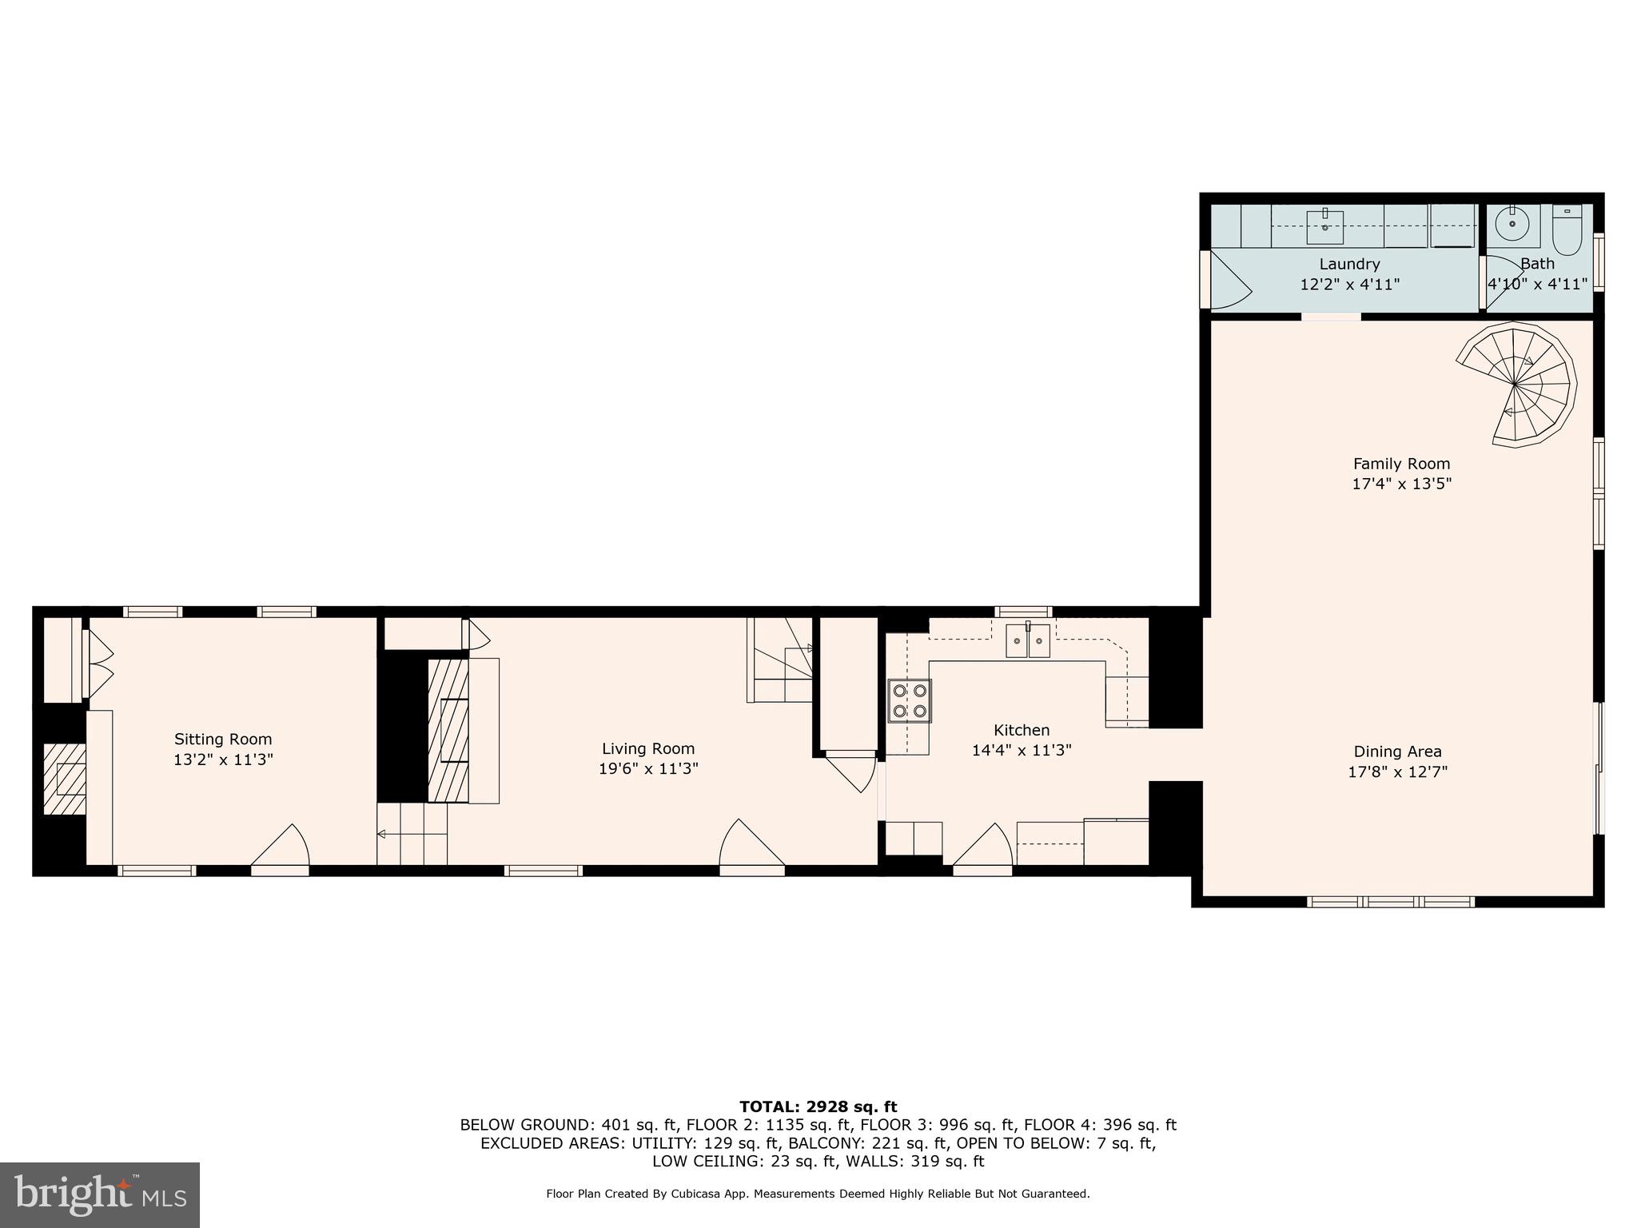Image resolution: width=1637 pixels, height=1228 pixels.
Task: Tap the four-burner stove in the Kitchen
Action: coord(910,700)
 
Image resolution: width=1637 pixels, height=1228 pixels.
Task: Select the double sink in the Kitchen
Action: coord(1028,640)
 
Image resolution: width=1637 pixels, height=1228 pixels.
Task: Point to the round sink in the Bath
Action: coord(1512,224)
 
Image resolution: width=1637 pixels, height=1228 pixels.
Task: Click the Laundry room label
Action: coord(1349,264)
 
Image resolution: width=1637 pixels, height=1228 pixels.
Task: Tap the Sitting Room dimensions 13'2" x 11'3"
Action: coord(223,760)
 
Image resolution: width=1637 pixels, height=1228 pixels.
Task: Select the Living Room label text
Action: coord(648,748)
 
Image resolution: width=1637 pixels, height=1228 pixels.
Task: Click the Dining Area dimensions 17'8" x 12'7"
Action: coord(1397,771)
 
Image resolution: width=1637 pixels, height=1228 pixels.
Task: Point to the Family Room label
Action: coord(1401,463)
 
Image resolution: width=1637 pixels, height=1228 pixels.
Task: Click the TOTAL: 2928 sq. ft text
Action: coord(818,1106)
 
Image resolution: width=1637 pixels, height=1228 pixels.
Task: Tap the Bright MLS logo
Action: coord(100,1194)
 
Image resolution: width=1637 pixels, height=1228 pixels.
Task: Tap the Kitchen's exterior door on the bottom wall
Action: coord(982,847)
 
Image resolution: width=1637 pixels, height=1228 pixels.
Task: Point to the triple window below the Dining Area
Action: coord(1390,902)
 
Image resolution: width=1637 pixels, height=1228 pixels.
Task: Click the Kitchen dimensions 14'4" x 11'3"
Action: coord(1021,750)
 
